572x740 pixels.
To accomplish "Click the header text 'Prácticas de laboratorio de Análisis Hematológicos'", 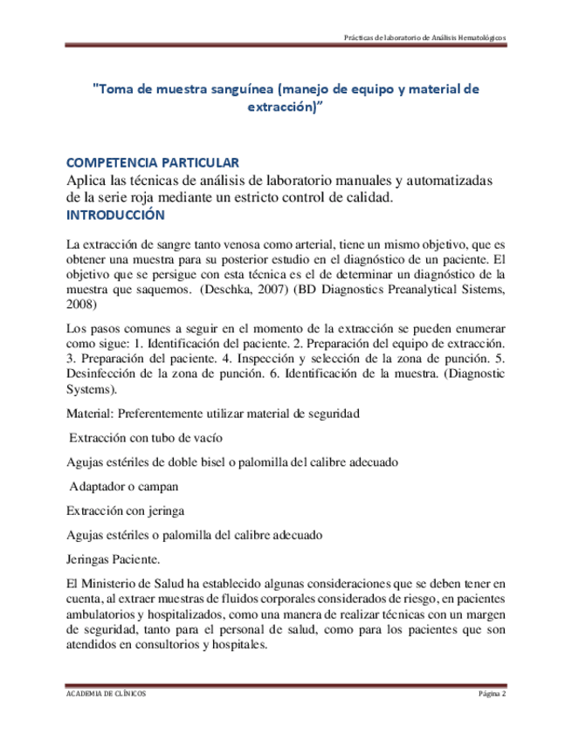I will [425, 39].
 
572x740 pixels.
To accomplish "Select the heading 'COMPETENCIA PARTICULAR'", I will [154, 163].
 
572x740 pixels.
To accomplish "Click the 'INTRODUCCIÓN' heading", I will [115, 215].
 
